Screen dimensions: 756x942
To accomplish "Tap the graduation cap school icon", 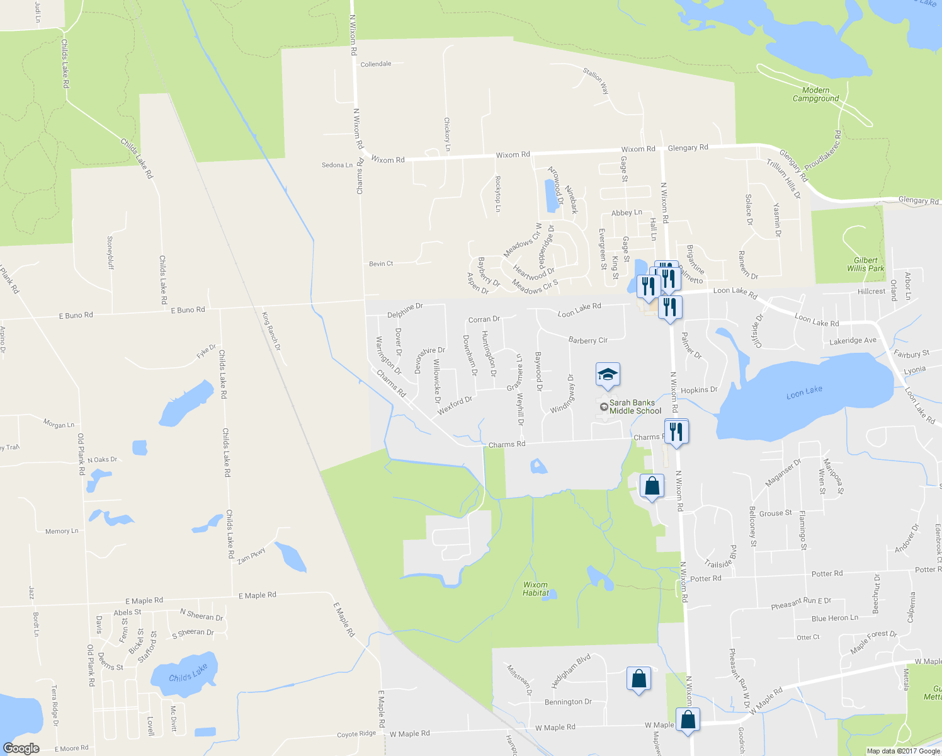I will (x=608, y=374).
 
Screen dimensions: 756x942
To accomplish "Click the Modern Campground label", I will (x=815, y=94).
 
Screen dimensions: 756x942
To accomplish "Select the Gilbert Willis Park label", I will (x=865, y=265).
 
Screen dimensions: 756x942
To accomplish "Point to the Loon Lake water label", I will (x=804, y=392).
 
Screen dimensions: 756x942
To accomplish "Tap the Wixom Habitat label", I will (x=535, y=589).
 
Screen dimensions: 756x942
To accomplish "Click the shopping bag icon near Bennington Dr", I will (x=638, y=679).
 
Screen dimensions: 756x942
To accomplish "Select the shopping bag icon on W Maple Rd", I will (x=688, y=719).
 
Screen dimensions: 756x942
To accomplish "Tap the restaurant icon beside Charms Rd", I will (x=676, y=432).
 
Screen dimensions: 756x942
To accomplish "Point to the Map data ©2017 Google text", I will (x=903, y=751).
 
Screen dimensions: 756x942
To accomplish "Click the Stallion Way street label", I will (x=596, y=81).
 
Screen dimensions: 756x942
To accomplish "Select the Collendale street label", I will (x=376, y=64).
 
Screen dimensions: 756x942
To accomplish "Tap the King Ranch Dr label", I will (x=271, y=331).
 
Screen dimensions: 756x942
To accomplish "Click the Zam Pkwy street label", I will (x=251, y=555).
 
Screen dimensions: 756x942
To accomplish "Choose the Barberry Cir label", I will (x=587, y=340).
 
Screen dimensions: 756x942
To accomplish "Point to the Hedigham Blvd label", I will (x=571, y=672).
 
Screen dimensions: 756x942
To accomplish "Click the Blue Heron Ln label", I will (x=834, y=619).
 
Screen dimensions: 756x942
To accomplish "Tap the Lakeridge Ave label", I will (x=853, y=341).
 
